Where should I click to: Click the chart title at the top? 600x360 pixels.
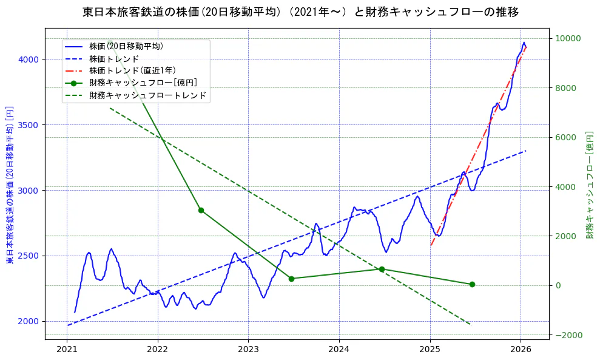pos(300,12)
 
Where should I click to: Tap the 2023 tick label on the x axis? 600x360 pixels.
pos(248,349)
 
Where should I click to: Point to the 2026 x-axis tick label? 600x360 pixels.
pos(521,349)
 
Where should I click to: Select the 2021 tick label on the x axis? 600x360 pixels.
pos(67,349)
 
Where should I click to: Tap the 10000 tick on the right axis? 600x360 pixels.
pos(567,39)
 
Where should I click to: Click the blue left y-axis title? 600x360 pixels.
pos(10,185)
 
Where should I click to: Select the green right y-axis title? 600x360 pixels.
pos(589,185)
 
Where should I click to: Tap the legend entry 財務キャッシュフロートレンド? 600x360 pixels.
pos(147,95)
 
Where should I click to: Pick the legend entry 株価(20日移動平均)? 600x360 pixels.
pos(126,46)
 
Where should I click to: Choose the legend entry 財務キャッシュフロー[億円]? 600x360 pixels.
pos(143,83)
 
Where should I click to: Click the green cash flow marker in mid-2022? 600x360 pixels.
pos(201,210)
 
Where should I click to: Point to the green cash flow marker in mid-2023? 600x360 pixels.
pos(291,279)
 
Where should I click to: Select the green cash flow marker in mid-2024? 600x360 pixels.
pos(382,269)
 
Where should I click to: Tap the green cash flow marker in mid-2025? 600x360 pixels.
pos(472,284)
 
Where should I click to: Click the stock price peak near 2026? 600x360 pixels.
pos(524,42)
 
